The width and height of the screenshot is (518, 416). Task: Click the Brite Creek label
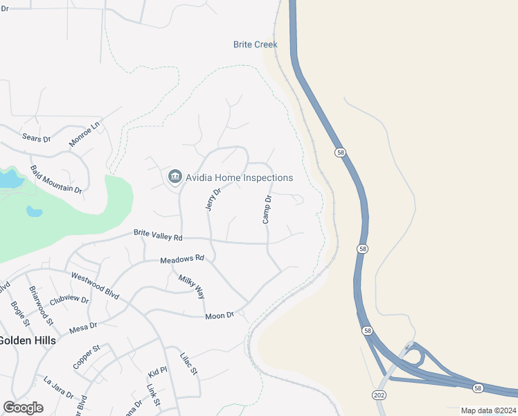tap(255, 44)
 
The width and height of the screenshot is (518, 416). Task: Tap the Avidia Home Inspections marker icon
tap(175, 177)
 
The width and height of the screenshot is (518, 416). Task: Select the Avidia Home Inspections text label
tap(239, 177)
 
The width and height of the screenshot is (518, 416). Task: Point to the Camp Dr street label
tap(267, 209)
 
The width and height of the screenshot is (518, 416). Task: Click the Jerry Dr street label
tap(213, 199)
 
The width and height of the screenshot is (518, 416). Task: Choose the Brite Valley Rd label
tap(158, 236)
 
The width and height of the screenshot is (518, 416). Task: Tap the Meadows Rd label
tap(182, 259)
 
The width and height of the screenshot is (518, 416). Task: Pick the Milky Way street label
tap(192, 286)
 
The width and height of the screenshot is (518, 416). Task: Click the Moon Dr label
tap(220, 316)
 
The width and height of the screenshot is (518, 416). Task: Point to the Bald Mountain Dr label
tap(56, 179)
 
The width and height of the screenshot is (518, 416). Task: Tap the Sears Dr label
tap(37, 138)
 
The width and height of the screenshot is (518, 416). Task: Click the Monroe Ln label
tap(84, 134)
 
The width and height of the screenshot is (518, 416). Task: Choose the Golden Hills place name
tap(26, 340)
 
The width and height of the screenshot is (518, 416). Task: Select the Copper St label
tap(87, 356)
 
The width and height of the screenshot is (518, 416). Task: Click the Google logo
tap(23, 408)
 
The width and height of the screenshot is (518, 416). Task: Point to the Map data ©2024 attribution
tap(488, 410)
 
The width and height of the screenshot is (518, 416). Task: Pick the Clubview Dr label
tap(69, 300)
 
